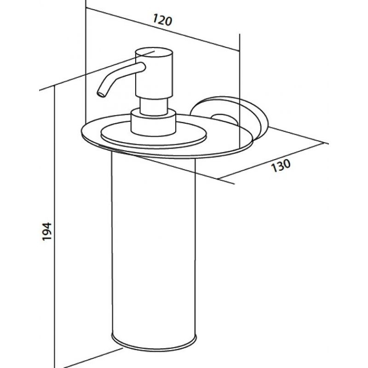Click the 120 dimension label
pyautogui.click(x=162, y=20)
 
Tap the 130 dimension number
pyautogui.click(x=281, y=165)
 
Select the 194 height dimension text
pyautogui.click(x=46, y=231)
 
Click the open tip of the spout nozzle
pyautogui.click(x=101, y=94)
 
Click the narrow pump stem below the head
pyautogui.click(x=154, y=107)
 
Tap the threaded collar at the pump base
pyautogui.click(x=153, y=122)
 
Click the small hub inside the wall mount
pyautogui.click(x=224, y=120)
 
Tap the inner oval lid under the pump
pyautogui.click(x=154, y=137)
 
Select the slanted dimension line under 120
pyautogui.click(x=163, y=29)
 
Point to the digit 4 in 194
pyautogui.click(x=46, y=225)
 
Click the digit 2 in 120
pyautogui.click(x=163, y=20)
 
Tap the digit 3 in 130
pyautogui.click(x=281, y=166)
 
